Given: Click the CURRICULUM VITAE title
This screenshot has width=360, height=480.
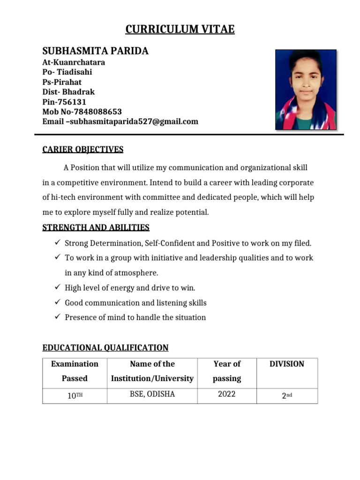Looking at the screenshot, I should click(x=180, y=30).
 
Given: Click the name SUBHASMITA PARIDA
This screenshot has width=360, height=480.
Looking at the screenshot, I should click(x=95, y=51).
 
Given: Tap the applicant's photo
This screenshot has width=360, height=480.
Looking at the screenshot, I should click(x=305, y=90).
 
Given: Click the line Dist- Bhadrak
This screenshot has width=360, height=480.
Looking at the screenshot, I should click(x=68, y=92).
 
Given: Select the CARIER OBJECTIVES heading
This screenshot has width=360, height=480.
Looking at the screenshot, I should click(x=83, y=150).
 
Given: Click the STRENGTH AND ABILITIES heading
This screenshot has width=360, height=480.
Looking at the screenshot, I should click(x=96, y=227).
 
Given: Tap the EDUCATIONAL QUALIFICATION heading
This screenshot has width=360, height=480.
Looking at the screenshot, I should click(x=105, y=348).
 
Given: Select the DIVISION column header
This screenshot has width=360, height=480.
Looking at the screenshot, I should click(x=286, y=364).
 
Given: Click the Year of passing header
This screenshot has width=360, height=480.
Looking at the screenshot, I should click(x=227, y=371).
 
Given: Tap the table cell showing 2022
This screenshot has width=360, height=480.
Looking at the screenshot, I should click(x=227, y=394).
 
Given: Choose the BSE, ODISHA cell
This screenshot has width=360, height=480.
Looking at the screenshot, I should click(x=152, y=394).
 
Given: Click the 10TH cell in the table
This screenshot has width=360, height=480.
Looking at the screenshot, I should click(x=75, y=395).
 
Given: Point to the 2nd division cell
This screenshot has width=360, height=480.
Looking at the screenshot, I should click(x=286, y=395).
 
